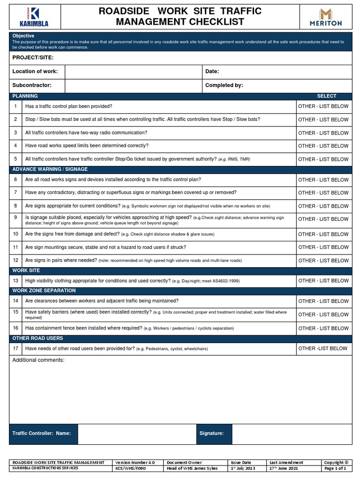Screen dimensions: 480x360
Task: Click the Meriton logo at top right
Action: (326, 17)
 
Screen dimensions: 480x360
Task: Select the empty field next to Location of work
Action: (133, 72)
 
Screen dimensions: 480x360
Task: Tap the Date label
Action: (212, 72)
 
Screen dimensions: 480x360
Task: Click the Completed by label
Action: (224, 86)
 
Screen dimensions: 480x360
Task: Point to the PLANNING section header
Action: (25, 96)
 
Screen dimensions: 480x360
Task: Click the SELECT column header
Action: (326, 96)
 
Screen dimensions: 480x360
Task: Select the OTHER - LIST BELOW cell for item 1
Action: (323, 106)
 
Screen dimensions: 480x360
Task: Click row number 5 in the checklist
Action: (15, 159)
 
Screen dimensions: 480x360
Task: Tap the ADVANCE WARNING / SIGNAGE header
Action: (50, 169)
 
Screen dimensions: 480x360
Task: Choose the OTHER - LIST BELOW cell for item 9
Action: (323, 219)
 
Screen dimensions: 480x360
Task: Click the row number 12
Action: (15, 261)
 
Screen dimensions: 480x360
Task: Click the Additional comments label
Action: (38, 360)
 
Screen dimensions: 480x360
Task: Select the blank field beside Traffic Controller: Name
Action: (136, 434)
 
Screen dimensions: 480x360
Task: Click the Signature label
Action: (212, 434)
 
